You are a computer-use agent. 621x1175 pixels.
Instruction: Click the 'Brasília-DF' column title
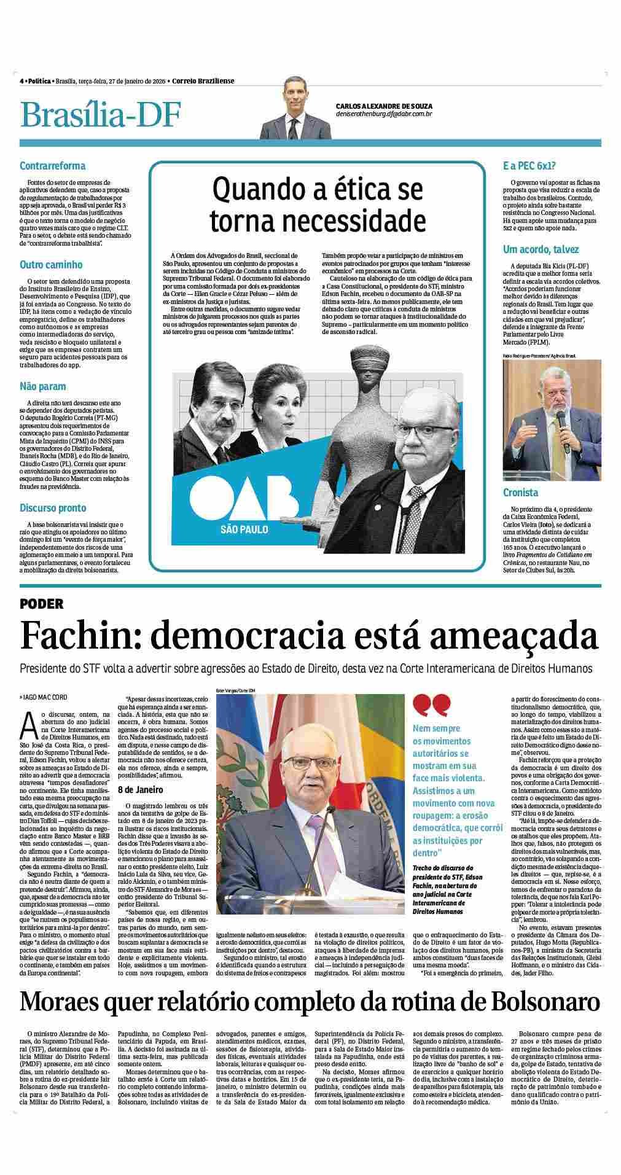tap(100, 115)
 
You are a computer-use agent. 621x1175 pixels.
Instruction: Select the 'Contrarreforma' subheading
tap(52, 166)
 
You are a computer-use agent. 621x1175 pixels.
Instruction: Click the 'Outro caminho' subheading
tap(51, 265)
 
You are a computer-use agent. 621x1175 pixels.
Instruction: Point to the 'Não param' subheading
tap(42, 386)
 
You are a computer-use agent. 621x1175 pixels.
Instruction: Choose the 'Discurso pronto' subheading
tap(53, 508)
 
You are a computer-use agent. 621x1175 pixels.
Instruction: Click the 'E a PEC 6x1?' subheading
tap(529, 166)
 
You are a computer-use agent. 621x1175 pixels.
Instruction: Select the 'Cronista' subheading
tap(520, 493)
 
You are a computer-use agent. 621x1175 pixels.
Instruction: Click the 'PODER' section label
tap(42, 604)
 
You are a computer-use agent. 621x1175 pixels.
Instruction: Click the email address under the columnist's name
tap(385, 114)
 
